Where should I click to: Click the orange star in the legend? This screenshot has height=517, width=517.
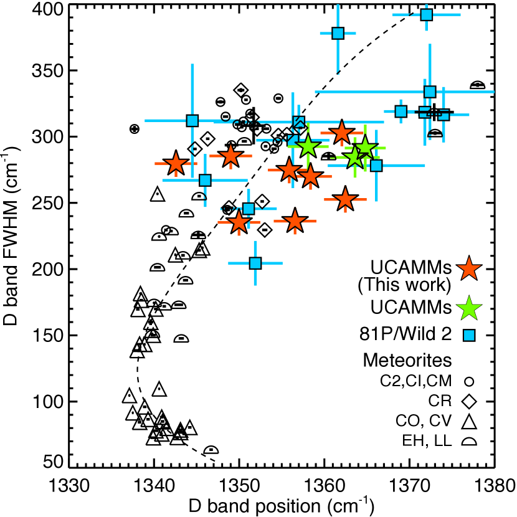click(x=468, y=269)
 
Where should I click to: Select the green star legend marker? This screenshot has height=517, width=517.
click(x=468, y=309)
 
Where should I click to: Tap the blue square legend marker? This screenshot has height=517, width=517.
click(x=469, y=335)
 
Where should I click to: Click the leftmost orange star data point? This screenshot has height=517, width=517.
click(x=176, y=164)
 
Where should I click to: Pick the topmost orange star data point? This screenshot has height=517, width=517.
click(x=341, y=133)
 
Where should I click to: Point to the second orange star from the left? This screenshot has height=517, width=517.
click(x=230, y=156)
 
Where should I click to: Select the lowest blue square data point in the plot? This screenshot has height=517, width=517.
click(x=255, y=263)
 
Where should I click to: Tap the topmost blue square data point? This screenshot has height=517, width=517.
click(x=426, y=14)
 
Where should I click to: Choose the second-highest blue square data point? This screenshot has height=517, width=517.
click(x=338, y=33)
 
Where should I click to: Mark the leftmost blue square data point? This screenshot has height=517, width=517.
click(x=192, y=120)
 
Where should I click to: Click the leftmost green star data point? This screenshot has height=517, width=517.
click(x=308, y=146)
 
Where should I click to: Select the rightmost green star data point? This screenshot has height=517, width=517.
click(x=365, y=148)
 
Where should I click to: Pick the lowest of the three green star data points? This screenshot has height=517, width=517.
click(x=355, y=157)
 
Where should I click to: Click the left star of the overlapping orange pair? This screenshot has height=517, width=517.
click(x=289, y=169)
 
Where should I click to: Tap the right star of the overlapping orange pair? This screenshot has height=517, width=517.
click(x=310, y=176)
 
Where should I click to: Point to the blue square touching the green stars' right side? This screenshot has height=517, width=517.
click(x=376, y=166)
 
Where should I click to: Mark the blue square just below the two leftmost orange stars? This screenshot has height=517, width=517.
click(x=205, y=180)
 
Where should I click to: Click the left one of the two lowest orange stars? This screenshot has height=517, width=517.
click(x=239, y=222)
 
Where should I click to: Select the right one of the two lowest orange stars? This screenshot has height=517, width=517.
click(x=295, y=221)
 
